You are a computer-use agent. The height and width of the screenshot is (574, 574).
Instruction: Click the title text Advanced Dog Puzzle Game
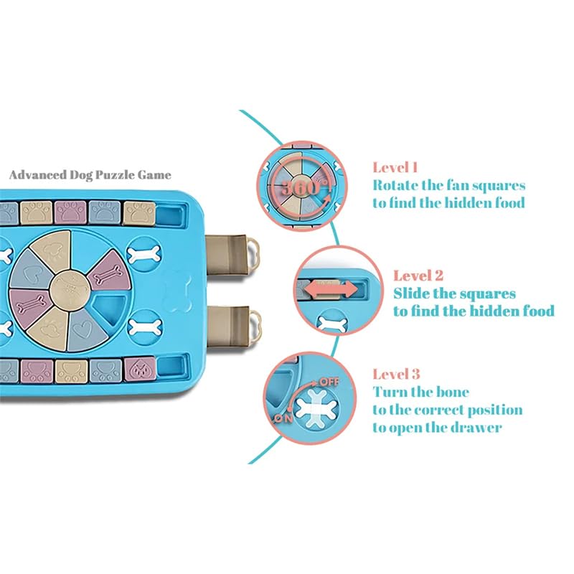click(x=90, y=174)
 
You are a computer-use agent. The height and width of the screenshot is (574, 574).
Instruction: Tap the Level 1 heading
click(x=395, y=168)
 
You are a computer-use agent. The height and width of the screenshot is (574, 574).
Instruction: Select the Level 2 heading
click(x=418, y=276)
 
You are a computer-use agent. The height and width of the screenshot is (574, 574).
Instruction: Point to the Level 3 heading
click(x=396, y=374)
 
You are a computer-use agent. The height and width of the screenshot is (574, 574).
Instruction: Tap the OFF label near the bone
click(x=329, y=382)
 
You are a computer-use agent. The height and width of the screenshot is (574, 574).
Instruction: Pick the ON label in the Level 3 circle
click(x=283, y=418)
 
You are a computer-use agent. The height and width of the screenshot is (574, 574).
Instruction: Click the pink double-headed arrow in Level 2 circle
click(x=331, y=290)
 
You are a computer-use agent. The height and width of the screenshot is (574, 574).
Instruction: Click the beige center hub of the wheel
click(x=69, y=288)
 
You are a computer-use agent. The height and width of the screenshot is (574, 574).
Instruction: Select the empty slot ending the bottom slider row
click(x=171, y=367)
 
